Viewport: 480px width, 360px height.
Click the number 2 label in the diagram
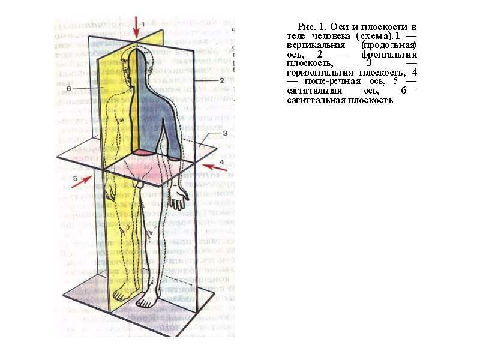click(x=221, y=80)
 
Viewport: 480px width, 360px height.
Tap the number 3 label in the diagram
click(x=224, y=134)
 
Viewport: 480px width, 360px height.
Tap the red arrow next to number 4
click(x=215, y=167)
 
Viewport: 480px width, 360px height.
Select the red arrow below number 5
click(x=82, y=182)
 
